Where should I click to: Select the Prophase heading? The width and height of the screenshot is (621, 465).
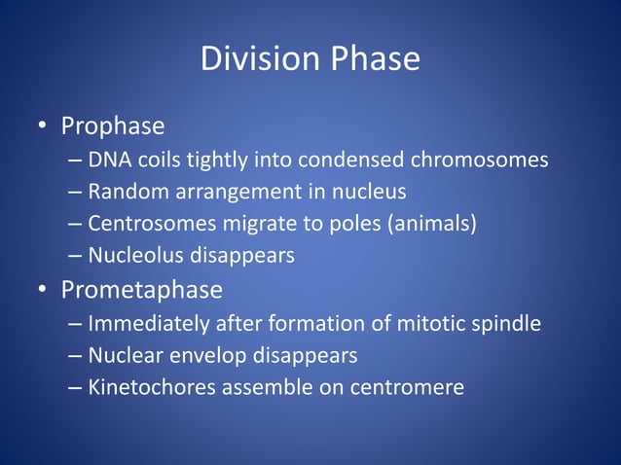point(112,126)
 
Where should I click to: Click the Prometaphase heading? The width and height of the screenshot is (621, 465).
point(141,290)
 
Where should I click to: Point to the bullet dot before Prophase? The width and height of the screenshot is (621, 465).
point(42,127)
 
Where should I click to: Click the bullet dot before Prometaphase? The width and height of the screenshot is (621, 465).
point(42,291)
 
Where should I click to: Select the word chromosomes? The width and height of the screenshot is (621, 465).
point(490,160)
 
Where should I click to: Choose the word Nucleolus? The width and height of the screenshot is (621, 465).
point(129,257)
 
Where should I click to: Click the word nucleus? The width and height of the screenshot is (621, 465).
point(371,192)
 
